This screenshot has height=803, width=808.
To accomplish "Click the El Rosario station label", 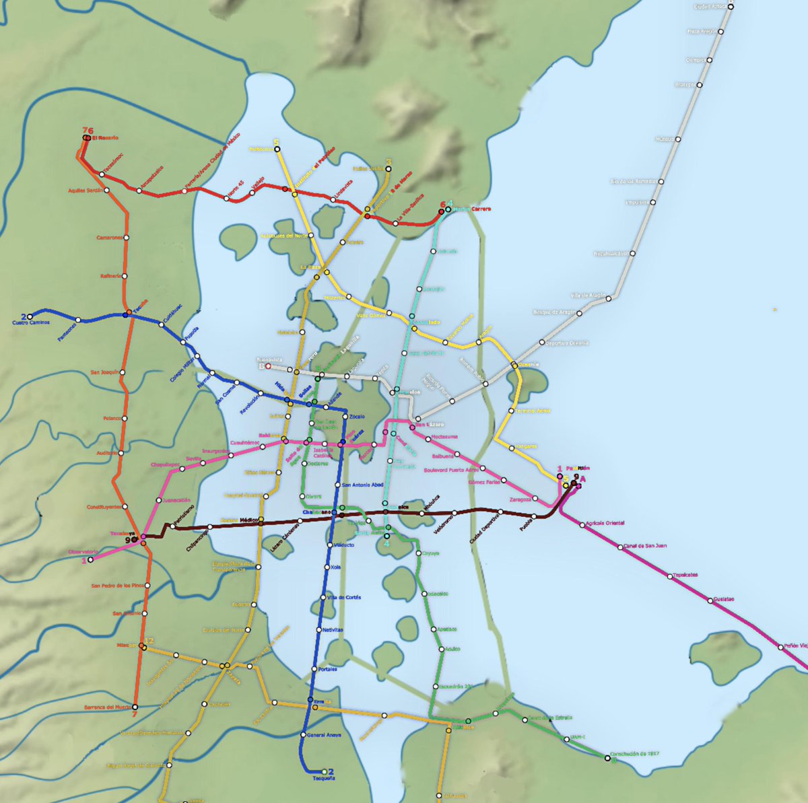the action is [x=105, y=138].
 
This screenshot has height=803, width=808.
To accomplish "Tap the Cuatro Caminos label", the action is [x=30, y=322].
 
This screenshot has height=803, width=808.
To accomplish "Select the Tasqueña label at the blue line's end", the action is [x=324, y=778].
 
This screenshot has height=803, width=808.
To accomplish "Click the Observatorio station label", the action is [x=83, y=552].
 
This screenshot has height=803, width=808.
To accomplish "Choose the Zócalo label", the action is [x=358, y=417].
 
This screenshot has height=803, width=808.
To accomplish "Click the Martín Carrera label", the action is [x=472, y=209].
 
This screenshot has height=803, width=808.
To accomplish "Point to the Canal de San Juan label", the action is [x=645, y=545].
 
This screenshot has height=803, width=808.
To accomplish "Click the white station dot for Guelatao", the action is [x=710, y=600].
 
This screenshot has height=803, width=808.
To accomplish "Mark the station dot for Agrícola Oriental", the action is [x=582, y=524].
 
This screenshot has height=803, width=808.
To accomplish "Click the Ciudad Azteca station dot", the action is [x=730, y=7].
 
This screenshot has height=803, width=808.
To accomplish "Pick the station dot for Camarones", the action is [x=126, y=238].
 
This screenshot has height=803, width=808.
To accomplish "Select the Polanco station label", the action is [x=112, y=418].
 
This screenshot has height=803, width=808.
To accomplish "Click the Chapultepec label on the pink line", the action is [x=165, y=464].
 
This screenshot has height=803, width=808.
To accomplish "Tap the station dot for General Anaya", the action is [x=303, y=734].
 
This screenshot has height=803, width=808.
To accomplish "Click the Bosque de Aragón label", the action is [x=555, y=312].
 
